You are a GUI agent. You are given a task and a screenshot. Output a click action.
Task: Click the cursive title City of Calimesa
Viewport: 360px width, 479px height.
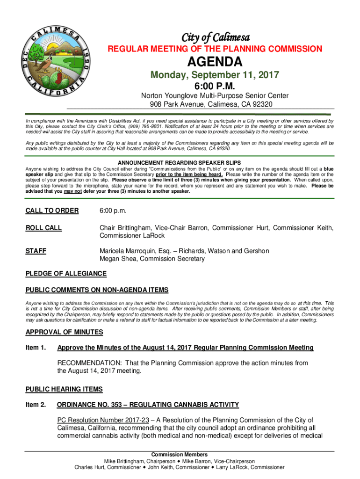click(x=215, y=37)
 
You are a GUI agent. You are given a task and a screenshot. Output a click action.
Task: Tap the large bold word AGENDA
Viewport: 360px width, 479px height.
click(x=215, y=62)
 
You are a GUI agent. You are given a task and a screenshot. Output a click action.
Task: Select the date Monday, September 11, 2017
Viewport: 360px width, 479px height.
click(x=215, y=75)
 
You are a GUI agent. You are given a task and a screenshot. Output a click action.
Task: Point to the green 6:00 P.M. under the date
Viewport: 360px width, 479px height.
click(x=215, y=86)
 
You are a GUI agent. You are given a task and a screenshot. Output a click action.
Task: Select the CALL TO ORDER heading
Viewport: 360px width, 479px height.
click(x=52, y=210)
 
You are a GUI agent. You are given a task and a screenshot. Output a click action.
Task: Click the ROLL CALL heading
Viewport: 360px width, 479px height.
click(x=43, y=228)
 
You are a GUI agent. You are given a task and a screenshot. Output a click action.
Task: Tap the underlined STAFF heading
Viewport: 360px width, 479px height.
click(x=36, y=251)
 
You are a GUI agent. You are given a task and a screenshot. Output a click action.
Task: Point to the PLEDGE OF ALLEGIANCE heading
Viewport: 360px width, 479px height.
click(x=66, y=274)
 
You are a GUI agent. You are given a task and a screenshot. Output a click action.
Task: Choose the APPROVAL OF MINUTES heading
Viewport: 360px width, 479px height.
click(x=64, y=332)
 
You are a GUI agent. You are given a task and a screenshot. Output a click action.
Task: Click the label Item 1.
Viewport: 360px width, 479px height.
click(x=36, y=348)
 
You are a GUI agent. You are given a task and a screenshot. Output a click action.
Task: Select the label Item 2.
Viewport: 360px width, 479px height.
click(x=36, y=405)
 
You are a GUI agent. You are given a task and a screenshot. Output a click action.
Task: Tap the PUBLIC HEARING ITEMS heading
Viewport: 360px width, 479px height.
click(x=64, y=389)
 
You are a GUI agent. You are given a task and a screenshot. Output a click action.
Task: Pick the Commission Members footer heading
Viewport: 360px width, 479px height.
click(x=180, y=455)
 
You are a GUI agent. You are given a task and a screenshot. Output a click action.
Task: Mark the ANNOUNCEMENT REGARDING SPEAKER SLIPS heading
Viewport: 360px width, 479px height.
click(x=180, y=163)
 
